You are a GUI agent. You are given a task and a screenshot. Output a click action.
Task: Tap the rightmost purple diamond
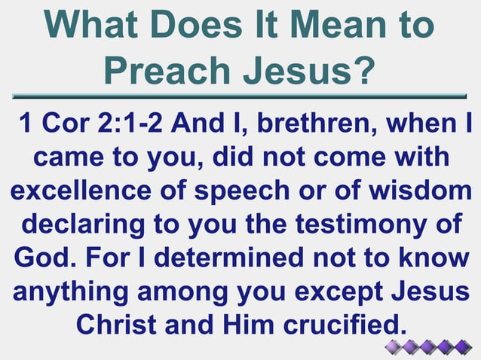coord(462,346)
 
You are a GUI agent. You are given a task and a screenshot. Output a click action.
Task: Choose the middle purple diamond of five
coord(428,346)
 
